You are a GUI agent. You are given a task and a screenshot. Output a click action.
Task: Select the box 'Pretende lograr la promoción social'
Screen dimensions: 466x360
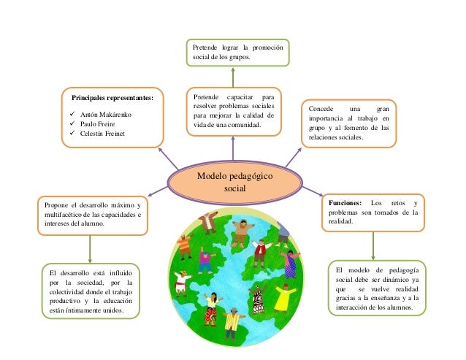tap(237, 53)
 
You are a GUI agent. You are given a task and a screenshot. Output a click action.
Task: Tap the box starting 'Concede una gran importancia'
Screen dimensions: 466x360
tap(348, 122)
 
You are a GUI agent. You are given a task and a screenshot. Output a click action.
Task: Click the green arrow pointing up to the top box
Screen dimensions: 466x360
tap(233, 77)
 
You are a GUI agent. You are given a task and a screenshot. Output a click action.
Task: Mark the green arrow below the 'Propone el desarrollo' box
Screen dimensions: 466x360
tap(90, 248)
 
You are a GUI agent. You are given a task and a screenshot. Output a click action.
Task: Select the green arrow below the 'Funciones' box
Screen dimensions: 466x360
tap(373, 244)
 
